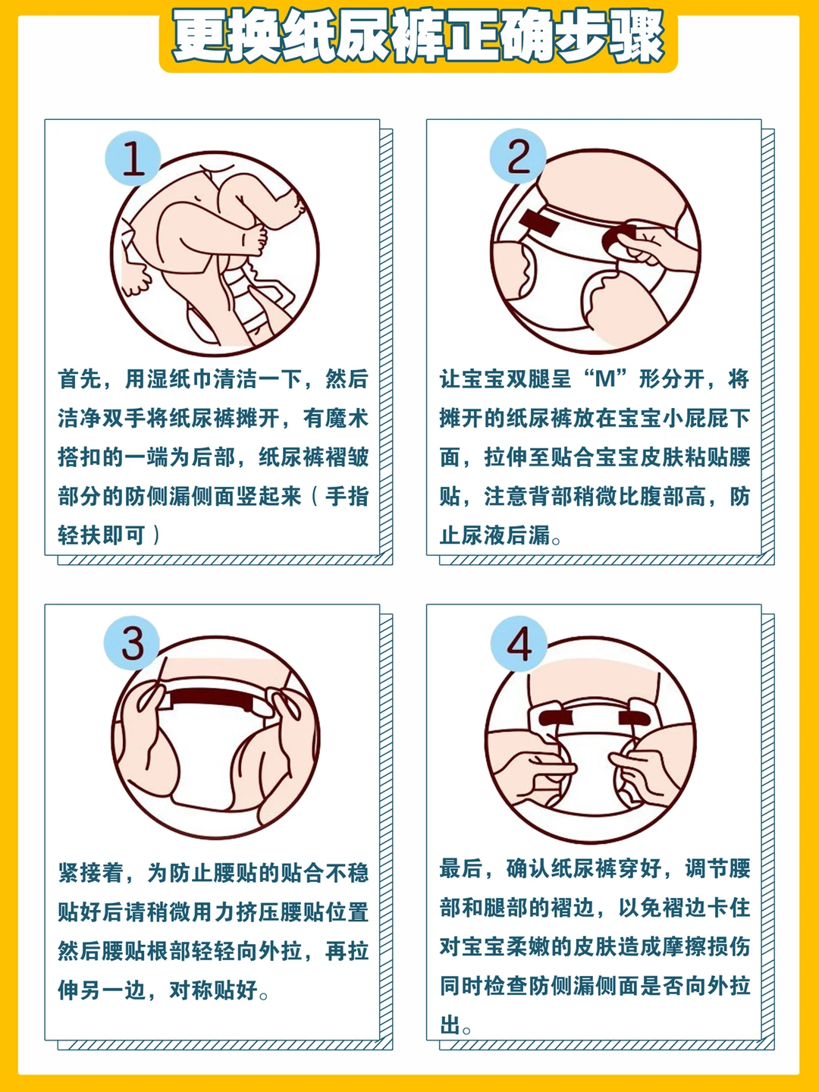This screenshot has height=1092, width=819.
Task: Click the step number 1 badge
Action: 133,158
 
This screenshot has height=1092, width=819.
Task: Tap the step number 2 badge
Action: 518,155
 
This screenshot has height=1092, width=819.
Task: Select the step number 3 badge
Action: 132,643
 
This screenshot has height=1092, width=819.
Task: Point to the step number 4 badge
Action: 519,644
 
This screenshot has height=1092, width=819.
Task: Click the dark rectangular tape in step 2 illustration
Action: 539,222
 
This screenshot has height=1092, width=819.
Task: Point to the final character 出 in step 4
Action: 450,1025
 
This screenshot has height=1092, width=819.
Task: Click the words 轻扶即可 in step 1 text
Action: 102,535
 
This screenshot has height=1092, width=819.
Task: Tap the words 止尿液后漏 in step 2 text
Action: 494,535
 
